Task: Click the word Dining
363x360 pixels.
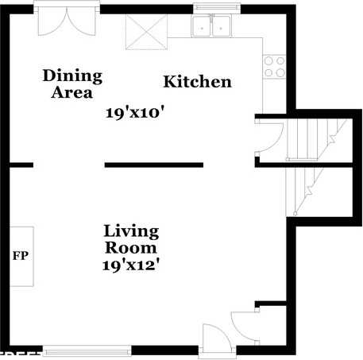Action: (72, 75)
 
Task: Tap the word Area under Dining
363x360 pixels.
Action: (72, 91)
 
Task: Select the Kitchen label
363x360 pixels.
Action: (197, 82)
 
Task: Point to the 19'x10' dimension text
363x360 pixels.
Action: (135, 113)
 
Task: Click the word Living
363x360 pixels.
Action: (131, 231)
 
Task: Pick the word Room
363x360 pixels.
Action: (131, 247)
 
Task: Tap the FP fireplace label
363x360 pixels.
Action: (20, 257)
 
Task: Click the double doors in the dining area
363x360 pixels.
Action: (67, 21)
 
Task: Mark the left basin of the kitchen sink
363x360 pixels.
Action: (203, 27)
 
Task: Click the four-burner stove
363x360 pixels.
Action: (274, 67)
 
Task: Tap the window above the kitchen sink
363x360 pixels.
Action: (211, 10)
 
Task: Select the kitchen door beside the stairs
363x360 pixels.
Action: (266, 135)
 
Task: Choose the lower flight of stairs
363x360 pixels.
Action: (304, 191)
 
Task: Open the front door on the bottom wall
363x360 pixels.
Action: (216, 339)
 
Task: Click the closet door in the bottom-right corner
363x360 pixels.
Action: (243, 326)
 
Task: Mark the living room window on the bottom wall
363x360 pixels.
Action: (87, 349)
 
